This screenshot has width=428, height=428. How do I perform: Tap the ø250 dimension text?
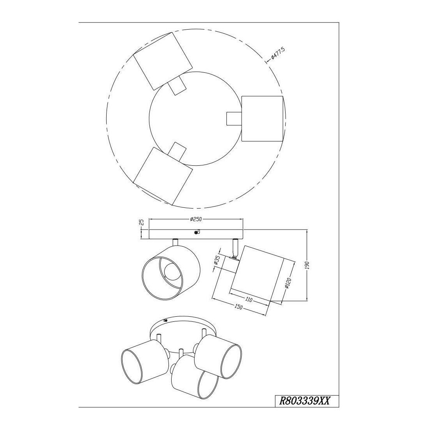click(196, 219)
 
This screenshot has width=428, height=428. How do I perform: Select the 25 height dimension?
click(141, 222)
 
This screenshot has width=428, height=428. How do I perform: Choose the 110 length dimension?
click(249, 300)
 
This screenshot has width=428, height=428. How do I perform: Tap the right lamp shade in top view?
click(262, 119)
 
